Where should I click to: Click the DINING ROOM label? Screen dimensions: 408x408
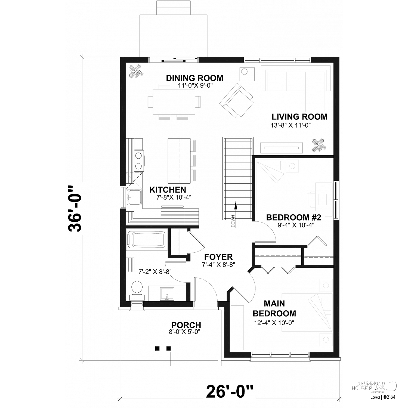[x=194, y=78]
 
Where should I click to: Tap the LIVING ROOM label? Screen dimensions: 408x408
[x=299, y=117]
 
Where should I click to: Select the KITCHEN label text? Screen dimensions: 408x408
[x=168, y=190]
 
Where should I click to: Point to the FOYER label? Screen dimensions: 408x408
[x=218, y=257]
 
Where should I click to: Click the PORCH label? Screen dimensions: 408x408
[x=186, y=325]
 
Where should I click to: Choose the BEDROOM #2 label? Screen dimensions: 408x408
[x=293, y=217]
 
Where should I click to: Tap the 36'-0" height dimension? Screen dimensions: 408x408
[x=75, y=209]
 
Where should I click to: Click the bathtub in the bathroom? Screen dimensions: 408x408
[x=147, y=239]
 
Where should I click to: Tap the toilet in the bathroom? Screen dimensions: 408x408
[x=137, y=290]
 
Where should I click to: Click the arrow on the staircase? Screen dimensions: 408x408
[x=236, y=206]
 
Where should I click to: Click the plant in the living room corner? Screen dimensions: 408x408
[x=319, y=145]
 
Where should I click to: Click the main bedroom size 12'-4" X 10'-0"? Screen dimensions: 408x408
[x=274, y=323]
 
